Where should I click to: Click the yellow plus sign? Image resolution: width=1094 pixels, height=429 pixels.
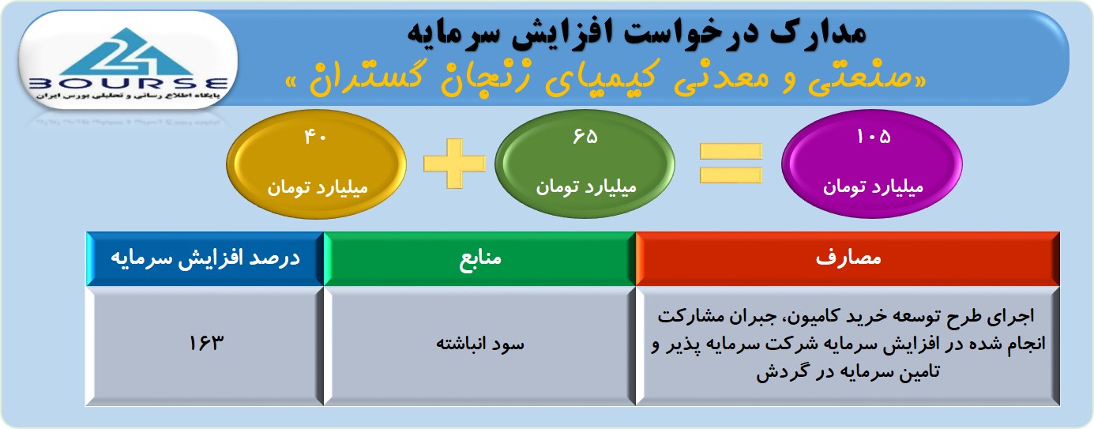pos(455,164)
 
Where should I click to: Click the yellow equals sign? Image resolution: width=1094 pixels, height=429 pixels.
pos(731,164)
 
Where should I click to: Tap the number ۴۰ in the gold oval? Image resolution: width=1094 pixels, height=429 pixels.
pos(315,137)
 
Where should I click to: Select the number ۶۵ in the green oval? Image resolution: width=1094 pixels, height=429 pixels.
pos(585,136)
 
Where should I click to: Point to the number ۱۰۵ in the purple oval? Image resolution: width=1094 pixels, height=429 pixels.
pos(874,136)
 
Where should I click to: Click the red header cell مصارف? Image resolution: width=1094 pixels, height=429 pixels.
pos(848,258)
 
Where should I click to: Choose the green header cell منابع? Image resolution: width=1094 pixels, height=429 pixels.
pos(479,258)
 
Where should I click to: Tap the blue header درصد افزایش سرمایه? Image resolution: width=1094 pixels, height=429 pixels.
pos(205,258)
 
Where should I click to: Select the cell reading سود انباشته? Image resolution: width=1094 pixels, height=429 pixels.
pos(479,346)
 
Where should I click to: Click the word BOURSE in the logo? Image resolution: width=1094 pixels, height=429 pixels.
pos(128,83)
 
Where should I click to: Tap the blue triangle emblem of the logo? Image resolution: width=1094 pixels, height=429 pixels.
pos(128,51)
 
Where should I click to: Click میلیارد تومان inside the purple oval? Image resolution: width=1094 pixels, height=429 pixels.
pos(874,186)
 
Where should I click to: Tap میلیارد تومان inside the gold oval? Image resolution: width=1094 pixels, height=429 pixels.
pos(318,187)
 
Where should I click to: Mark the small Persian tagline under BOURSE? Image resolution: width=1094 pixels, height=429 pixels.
pos(128,96)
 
